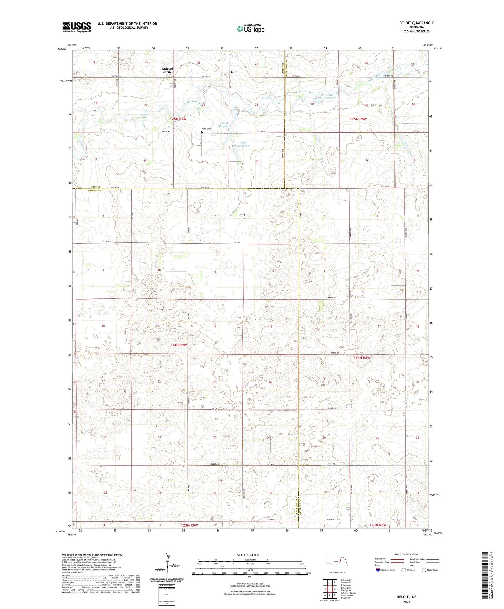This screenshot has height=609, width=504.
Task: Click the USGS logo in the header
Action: click(x=77, y=27)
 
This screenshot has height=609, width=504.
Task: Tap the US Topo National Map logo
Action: click(x=250, y=29)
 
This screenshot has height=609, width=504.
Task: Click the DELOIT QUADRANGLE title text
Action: click(x=417, y=23)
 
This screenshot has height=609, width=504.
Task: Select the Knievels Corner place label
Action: click(x=168, y=70)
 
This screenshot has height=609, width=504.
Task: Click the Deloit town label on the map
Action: click(x=234, y=72)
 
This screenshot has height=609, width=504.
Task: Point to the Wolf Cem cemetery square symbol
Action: click(x=202, y=132)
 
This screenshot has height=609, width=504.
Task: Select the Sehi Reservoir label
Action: click(x=243, y=145)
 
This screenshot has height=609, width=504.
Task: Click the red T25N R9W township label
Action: click(x=178, y=119)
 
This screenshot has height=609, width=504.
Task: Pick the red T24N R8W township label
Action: click(x=362, y=358)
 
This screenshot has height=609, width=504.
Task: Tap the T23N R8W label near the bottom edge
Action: click(x=378, y=525)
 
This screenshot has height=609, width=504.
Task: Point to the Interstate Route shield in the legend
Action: click(x=378, y=570)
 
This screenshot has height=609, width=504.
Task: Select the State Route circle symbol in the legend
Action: click(x=424, y=570)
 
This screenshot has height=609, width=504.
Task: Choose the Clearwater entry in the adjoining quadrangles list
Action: click(x=348, y=585)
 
